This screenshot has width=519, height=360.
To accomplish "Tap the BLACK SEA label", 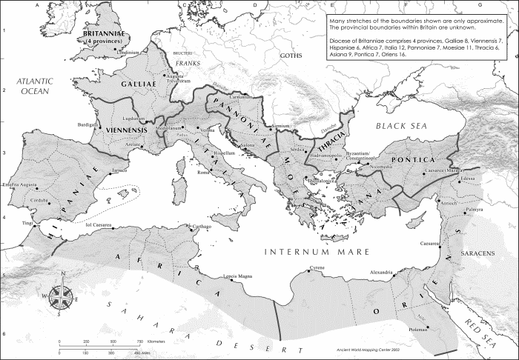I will click(x=406, y=127).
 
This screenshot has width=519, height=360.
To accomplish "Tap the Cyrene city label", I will click(x=297, y=267).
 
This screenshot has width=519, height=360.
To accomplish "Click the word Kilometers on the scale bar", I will click(x=156, y=341).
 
